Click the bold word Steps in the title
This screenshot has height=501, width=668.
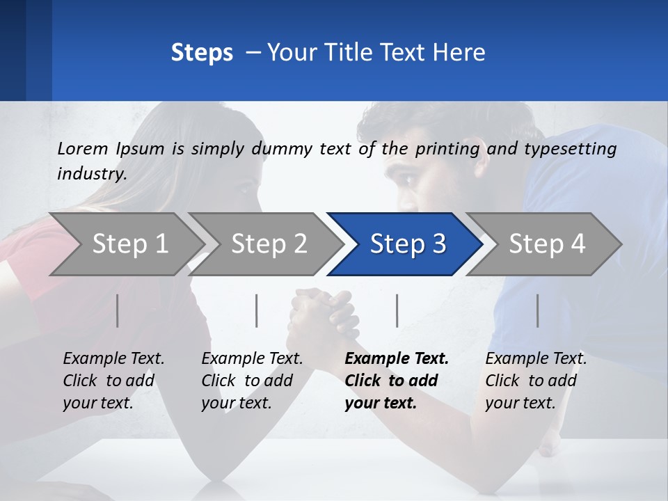pyautogui.click(x=202, y=53)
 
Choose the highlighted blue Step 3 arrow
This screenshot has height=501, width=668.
pyautogui.click(x=406, y=244)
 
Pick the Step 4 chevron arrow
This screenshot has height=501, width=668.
pyautogui.click(x=546, y=244)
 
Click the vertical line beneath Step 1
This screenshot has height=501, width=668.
pyautogui.click(x=118, y=310)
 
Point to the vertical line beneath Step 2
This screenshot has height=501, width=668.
pyautogui.click(x=257, y=310)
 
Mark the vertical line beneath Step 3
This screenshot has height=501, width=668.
pyautogui.click(x=397, y=310)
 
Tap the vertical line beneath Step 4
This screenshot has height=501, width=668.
pyautogui.click(x=538, y=310)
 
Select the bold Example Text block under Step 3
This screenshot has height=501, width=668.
pyautogui.click(x=397, y=381)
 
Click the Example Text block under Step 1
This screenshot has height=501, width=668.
pyautogui.click(x=113, y=381)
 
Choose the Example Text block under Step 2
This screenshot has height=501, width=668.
pyautogui.click(x=252, y=381)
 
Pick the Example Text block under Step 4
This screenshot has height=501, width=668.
pyautogui.click(x=536, y=381)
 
